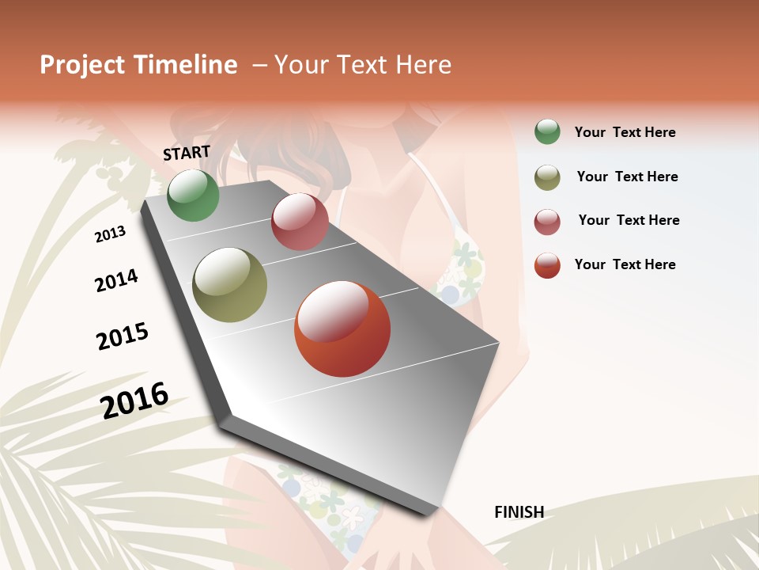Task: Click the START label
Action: click(x=187, y=153)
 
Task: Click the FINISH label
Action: click(x=519, y=512)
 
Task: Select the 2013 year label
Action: click(x=110, y=234)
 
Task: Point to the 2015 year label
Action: click(x=123, y=336)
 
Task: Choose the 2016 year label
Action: click(x=134, y=400)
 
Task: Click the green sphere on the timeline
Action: click(x=193, y=195)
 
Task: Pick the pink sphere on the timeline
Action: click(x=300, y=222)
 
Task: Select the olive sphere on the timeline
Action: click(x=230, y=285)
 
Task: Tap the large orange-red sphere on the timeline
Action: click(x=342, y=329)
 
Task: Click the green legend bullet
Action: click(x=547, y=132)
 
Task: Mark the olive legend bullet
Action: click(x=547, y=177)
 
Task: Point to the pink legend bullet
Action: click(x=547, y=222)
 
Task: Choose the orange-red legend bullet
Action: click(x=547, y=265)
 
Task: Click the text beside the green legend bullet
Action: click(x=625, y=132)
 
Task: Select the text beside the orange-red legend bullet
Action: click(x=625, y=264)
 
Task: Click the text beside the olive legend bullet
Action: click(x=627, y=177)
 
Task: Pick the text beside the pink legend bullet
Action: click(x=629, y=220)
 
